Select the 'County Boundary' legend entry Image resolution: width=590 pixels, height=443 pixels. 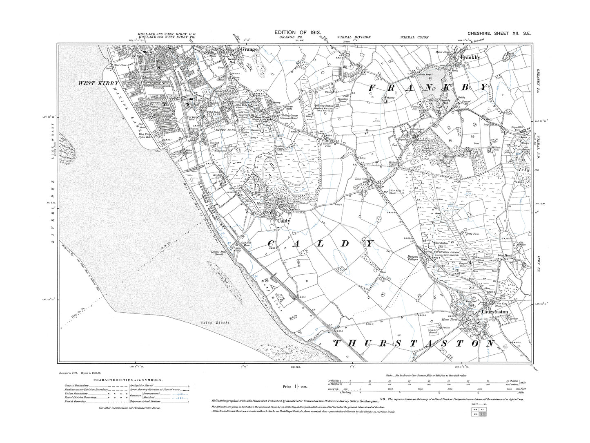77,386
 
